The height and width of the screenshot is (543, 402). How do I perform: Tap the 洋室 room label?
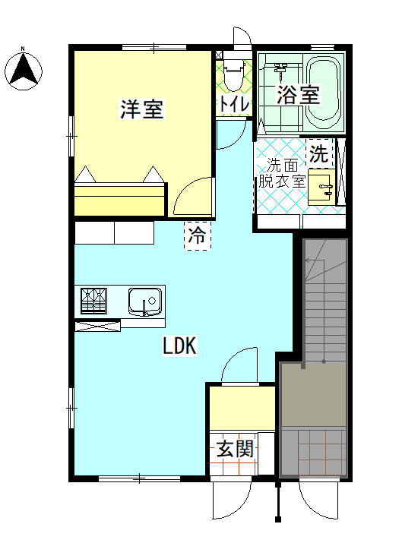pos(142,109)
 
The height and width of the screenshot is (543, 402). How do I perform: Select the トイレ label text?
pos(233,103)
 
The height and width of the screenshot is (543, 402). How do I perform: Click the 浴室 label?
pos(298,95)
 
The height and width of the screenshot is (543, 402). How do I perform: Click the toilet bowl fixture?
pos(233,74)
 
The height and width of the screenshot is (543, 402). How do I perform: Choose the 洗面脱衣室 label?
pos(280,173)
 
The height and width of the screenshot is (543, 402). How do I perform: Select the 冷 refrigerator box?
pos(198,235)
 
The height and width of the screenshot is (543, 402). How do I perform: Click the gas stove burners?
pos(94,301)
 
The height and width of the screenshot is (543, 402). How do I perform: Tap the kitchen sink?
pos(145,301)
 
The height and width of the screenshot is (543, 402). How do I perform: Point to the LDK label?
pos(180,346)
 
